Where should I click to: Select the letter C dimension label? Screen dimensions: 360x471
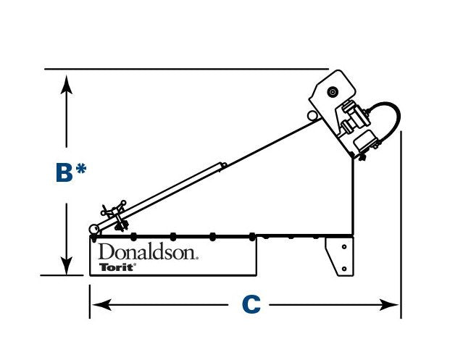[x=250, y=305]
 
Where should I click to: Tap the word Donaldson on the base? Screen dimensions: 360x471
[x=148, y=252]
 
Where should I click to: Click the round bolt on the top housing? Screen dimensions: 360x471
[x=333, y=92]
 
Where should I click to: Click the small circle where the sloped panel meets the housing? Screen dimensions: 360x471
[x=312, y=115]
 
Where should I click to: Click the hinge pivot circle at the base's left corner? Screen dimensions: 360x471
[x=93, y=230]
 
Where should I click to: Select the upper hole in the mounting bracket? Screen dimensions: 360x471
[x=341, y=246]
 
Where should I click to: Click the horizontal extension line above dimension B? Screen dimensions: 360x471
[x=181, y=69]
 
